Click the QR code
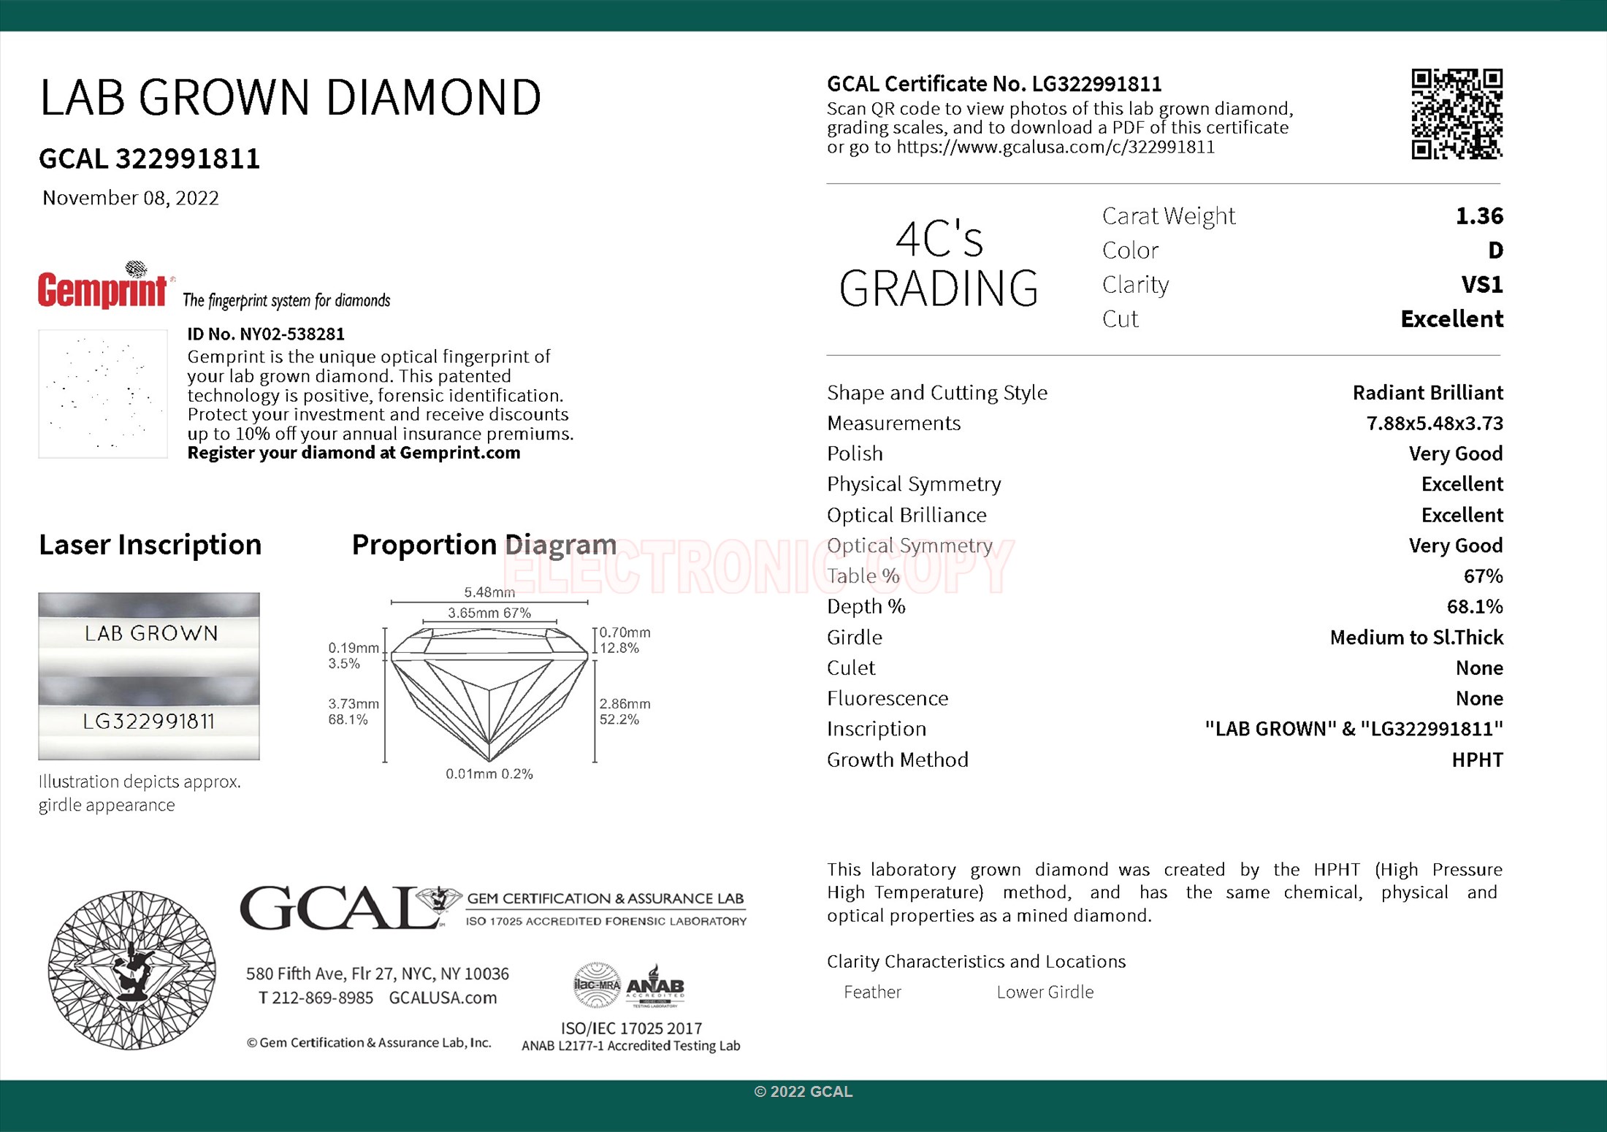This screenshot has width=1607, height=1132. pyautogui.click(x=1457, y=114)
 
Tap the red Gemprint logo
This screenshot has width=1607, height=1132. pyautogui.click(x=103, y=289)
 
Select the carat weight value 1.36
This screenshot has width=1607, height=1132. pyautogui.click(x=1479, y=216)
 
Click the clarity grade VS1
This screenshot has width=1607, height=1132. pyautogui.click(x=1482, y=284)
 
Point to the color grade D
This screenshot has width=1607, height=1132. pyautogui.click(x=1495, y=251)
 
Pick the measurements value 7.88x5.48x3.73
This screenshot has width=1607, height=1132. pyautogui.click(x=1435, y=424)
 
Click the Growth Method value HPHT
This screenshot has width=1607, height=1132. pyautogui.click(x=1477, y=760)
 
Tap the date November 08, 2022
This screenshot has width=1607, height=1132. pyautogui.click(x=131, y=198)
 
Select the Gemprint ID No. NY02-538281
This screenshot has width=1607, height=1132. pyautogui.click(x=266, y=334)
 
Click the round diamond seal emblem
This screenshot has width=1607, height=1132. pyautogui.click(x=131, y=970)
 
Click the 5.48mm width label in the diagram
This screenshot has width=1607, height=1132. pyautogui.click(x=489, y=592)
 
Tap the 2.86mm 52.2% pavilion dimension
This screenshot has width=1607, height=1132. pyautogui.click(x=625, y=711)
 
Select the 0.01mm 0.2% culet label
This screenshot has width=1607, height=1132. pyautogui.click(x=489, y=774)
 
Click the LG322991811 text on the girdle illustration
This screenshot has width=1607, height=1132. pyautogui.click(x=149, y=722)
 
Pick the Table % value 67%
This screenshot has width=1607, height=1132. pyautogui.click(x=1483, y=576)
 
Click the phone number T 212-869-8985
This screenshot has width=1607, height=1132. pyautogui.click(x=316, y=998)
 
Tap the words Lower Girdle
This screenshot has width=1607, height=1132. pyautogui.click(x=1045, y=993)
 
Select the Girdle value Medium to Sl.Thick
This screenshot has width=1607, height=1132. pyautogui.click(x=1416, y=638)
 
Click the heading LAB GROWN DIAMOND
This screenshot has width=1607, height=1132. pyautogui.click(x=290, y=97)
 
